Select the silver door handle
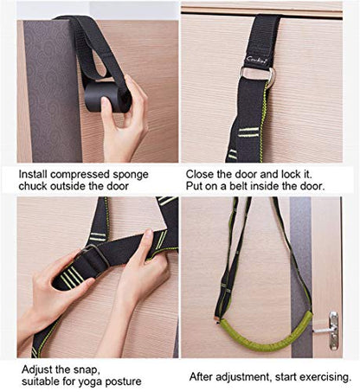tap(331, 330)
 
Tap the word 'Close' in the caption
tap(200, 174)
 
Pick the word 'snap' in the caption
tap(87, 370)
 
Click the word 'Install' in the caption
tap(33, 174)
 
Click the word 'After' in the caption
tap(201, 376)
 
